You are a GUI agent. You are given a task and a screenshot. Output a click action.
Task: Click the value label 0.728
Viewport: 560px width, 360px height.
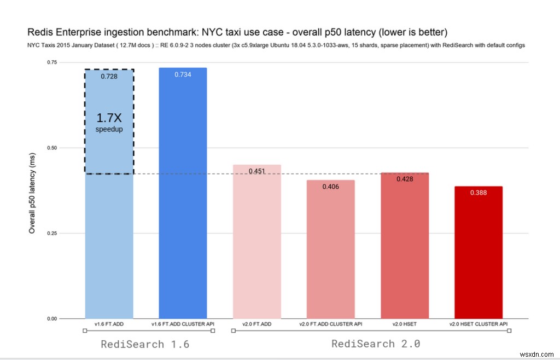(x=109, y=77)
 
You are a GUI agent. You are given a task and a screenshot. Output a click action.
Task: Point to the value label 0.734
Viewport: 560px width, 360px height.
(x=183, y=74)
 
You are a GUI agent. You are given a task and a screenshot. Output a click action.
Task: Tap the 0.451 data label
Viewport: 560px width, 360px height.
(x=256, y=171)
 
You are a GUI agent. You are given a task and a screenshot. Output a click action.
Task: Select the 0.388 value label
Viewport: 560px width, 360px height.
(x=478, y=193)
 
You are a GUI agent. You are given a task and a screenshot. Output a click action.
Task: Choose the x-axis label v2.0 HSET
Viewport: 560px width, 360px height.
(x=404, y=324)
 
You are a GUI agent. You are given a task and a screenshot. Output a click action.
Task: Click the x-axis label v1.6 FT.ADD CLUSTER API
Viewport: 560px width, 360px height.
(x=183, y=324)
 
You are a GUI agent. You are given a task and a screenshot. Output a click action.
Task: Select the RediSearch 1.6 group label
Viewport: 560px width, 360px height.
(x=148, y=344)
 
